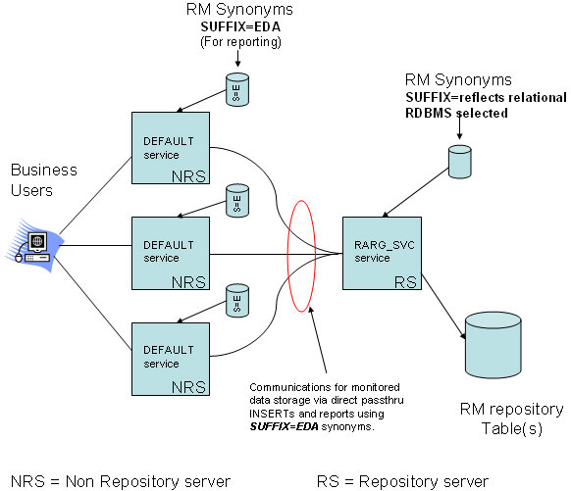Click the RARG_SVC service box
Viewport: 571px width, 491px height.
point(382,254)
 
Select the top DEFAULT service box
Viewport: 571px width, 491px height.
point(171,148)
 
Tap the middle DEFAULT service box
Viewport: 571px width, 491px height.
point(171,254)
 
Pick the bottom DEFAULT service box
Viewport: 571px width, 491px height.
point(171,359)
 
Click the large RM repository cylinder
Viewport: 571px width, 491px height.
point(493,345)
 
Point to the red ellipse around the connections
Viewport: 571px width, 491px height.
point(287,255)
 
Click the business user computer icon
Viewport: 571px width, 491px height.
point(34,246)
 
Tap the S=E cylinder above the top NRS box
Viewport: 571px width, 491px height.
point(237,89)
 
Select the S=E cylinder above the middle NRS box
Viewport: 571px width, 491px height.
point(237,200)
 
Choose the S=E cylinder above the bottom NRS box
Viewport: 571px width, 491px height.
point(237,301)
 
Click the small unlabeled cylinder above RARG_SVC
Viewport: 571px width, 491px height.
point(459,162)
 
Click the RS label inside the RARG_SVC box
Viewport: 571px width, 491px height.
point(405,282)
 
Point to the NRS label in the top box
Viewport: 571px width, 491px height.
point(188,176)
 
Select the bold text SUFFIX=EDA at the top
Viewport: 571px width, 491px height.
point(240,26)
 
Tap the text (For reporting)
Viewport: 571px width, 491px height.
point(240,42)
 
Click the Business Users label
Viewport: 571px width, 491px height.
point(44,180)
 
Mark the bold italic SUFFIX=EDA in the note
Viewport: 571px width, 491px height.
point(285,426)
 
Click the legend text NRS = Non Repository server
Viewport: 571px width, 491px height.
point(121,481)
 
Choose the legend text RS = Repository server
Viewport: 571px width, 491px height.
point(402,481)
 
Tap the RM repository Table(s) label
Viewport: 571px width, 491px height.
point(511,418)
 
